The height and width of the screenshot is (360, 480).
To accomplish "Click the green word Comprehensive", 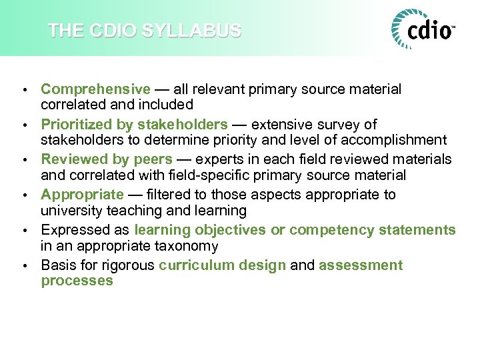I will tap(95, 89).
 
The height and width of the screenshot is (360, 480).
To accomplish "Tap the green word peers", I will tap(153, 159).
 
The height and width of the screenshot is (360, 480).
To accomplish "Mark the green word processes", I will tap(77, 281).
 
